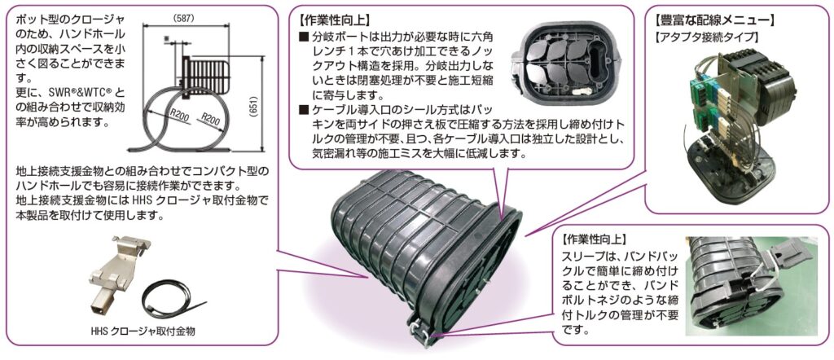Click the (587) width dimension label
pos(184,18)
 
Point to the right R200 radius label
pos(211,121)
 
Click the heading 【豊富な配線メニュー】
pos(714,21)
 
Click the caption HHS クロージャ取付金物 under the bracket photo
pos(143,331)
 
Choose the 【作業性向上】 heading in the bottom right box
pos(594,239)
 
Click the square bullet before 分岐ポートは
pos(304,37)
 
